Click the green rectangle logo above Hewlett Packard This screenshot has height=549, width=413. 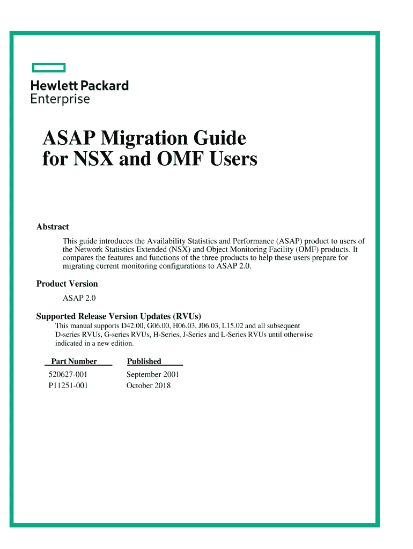(48, 68)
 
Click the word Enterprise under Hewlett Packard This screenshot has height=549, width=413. (60, 99)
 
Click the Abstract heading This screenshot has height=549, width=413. (53, 227)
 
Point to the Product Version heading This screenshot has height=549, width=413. (67, 284)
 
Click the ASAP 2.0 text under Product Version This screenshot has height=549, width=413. (79, 298)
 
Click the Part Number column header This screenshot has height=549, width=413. (74, 361)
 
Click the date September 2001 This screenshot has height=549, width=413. (153, 375)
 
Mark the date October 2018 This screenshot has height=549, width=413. (149, 385)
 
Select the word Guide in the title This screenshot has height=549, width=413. (222, 139)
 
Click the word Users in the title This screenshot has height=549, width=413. (234, 159)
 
